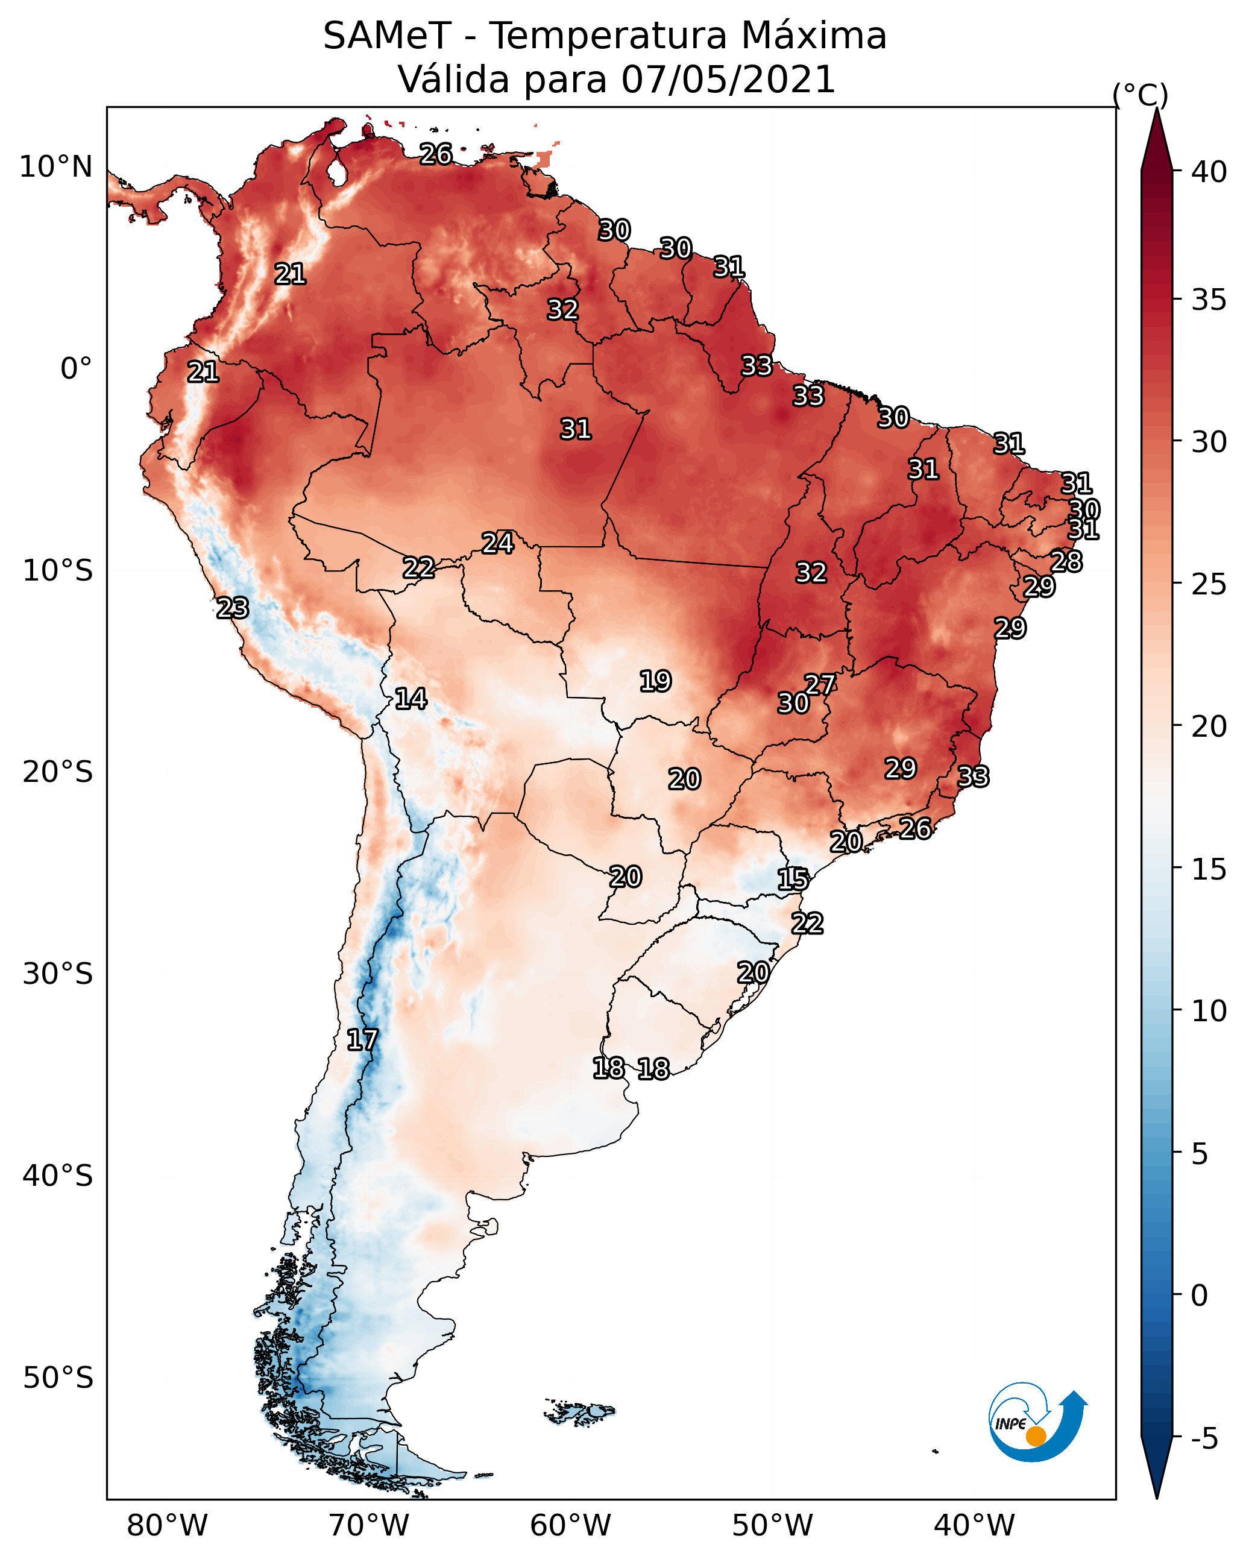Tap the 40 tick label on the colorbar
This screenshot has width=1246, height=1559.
click(1209, 172)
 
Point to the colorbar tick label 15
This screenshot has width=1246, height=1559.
click(1209, 869)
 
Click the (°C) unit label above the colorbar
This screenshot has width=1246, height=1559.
click(1140, 95)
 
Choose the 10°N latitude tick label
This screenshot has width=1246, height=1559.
click(57, 167)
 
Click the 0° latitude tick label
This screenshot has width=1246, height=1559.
click(77, 369)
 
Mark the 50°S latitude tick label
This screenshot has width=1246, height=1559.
click(58, 1378)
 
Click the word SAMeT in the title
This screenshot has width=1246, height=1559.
click(388, 36)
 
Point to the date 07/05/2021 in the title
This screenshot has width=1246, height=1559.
click(728, 79)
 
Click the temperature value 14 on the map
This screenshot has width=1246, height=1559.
click(411, 699)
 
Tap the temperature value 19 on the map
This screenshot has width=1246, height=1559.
click(656, 681)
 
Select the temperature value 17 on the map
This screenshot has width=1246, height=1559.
click(362, 1040)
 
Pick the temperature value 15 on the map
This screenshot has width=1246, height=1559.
click(793, 880)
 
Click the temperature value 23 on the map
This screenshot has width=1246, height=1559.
click(233, 608)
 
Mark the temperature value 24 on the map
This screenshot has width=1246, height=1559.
click(499, 543)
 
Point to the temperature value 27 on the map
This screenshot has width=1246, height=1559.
click(821, 685)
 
